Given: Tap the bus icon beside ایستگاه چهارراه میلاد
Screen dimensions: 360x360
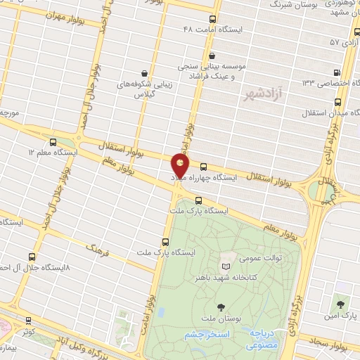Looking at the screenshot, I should click(204, 167).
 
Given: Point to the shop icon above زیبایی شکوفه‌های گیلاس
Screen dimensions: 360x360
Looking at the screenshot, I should click(144, 72).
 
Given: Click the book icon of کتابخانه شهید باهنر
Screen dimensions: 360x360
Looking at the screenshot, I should click(225, 267).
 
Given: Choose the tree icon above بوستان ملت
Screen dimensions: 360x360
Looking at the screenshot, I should click(222, 307).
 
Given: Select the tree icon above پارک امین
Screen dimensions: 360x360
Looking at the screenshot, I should click(341, 305).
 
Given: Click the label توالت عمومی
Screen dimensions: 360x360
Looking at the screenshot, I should click(259, 258).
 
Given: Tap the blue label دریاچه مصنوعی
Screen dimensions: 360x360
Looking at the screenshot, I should click(263, 341).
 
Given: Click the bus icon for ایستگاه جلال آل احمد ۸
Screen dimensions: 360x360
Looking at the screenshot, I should click(31, 257).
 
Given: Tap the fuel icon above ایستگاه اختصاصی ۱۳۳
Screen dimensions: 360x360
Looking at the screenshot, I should click(339, 72).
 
